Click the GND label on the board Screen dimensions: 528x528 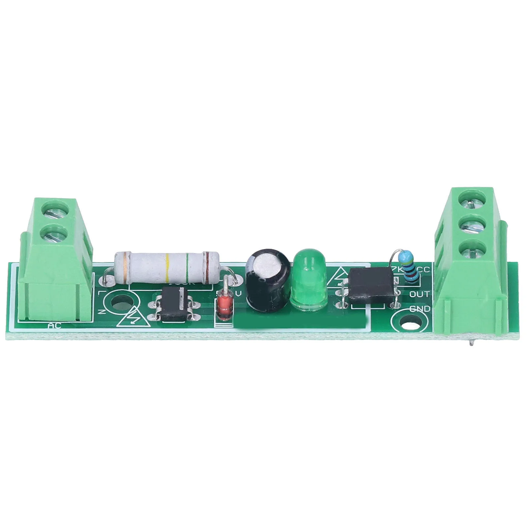[x=419, y=309]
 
